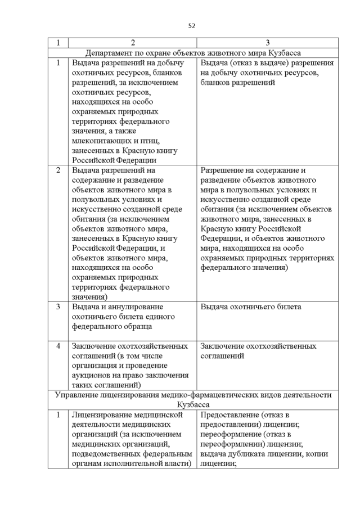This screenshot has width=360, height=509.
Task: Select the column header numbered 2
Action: click(133, 43)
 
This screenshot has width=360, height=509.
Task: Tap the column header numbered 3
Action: click(268, 43)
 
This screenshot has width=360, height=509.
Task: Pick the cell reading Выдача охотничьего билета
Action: click(251, 307)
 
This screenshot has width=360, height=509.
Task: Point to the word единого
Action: click(161, 317)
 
